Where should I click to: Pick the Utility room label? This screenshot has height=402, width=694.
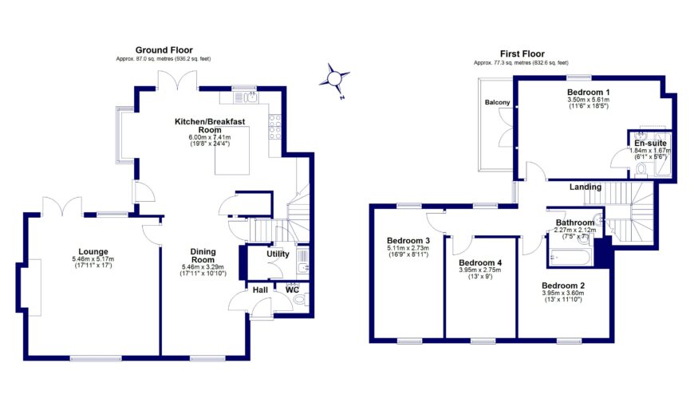click(x=278, y=254)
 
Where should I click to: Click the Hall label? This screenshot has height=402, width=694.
click(x=260, y=290)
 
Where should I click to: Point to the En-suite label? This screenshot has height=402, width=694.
click(x=649, y=143)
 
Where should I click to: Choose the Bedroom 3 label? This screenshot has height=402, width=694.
click(x=408, y=241)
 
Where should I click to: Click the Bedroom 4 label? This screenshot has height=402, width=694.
click(x=482, y=262)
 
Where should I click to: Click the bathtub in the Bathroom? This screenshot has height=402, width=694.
click(x=570, y=257)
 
